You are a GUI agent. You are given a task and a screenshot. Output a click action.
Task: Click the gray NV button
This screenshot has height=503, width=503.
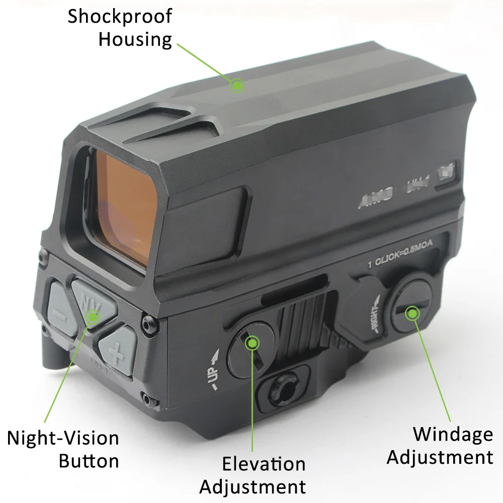[94, 300]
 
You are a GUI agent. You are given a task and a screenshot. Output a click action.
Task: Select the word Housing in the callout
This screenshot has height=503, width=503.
[135, 40]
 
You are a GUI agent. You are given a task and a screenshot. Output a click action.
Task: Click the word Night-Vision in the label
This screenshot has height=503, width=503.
[63, 438]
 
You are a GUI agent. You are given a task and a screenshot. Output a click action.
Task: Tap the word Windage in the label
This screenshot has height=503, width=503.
[453, 435]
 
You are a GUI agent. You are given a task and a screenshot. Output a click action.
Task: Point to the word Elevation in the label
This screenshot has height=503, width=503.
[264, 463]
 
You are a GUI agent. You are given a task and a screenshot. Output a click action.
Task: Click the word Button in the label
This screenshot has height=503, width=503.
[89, 461]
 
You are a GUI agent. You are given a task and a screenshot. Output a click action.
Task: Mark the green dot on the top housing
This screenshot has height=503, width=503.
[236, 86]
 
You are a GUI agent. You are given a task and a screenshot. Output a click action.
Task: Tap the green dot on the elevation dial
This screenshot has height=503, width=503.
[251, 343]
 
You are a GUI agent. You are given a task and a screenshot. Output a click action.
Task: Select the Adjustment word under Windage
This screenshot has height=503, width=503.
[440, 457]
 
